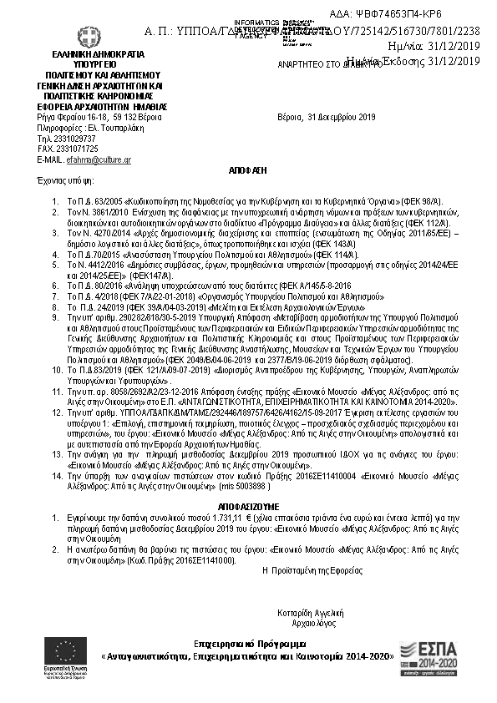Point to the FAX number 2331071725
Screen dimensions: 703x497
click(x=69, y=149)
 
